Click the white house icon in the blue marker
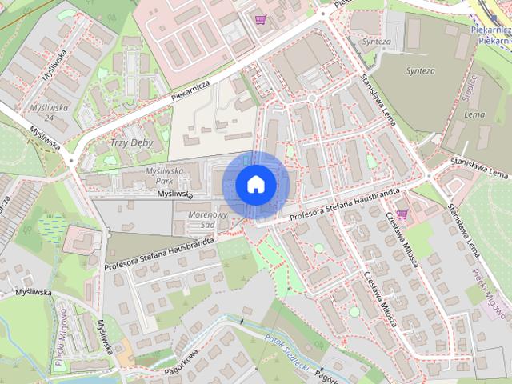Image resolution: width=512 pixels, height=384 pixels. [256, 184]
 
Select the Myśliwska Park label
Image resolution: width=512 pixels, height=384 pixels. [165, 175]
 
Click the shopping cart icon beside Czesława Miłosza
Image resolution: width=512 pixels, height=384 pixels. [402, 214]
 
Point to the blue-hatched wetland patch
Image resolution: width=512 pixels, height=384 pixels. [51, 229]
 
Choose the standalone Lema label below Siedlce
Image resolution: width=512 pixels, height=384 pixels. [474, 114]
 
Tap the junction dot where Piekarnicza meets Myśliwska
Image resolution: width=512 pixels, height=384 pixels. [71, 161]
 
